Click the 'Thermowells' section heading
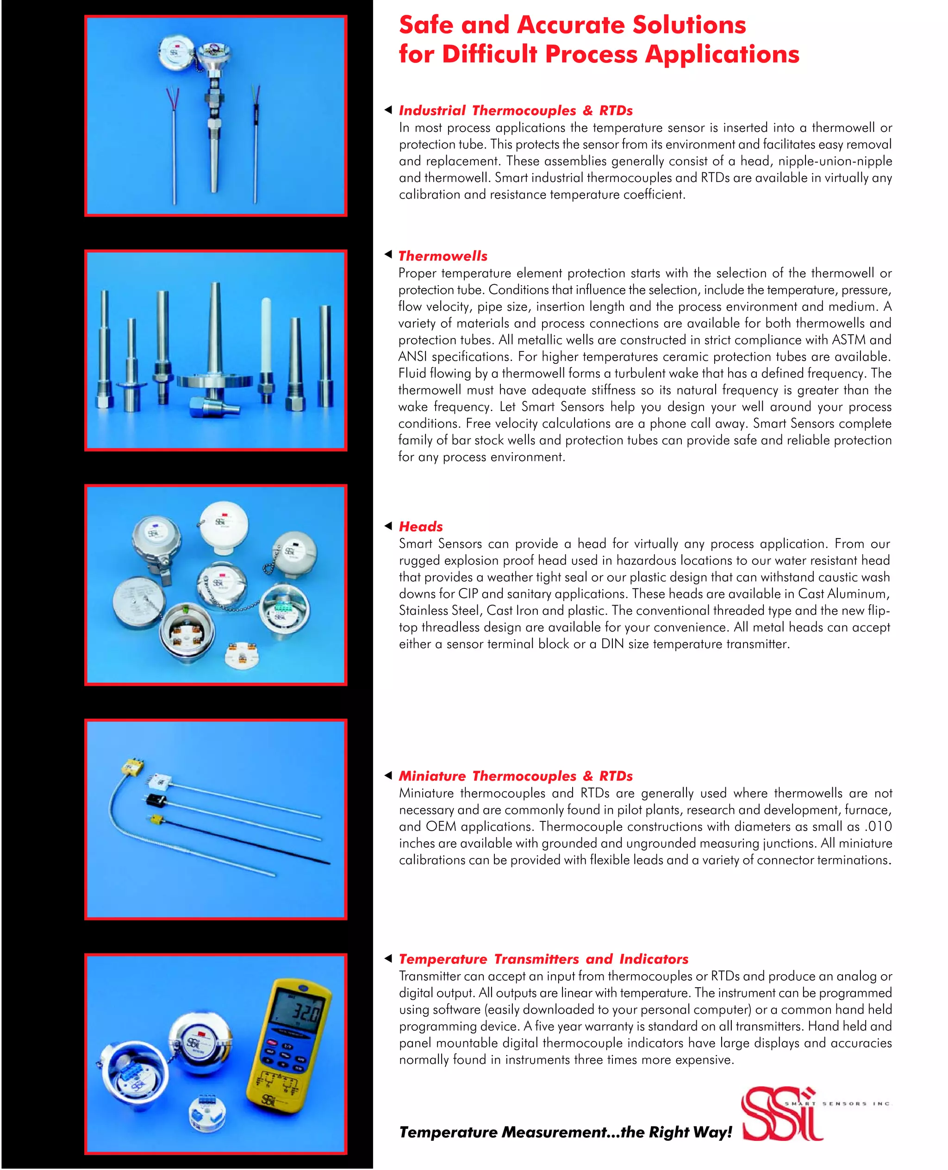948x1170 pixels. pos(443,256)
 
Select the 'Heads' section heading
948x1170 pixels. pos(420,526)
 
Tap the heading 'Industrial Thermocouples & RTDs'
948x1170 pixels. pos(516,110)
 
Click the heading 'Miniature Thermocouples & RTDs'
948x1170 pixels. pos(516,776)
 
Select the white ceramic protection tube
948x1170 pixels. pos(267,333)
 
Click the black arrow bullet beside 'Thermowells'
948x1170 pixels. pos(388,254)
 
